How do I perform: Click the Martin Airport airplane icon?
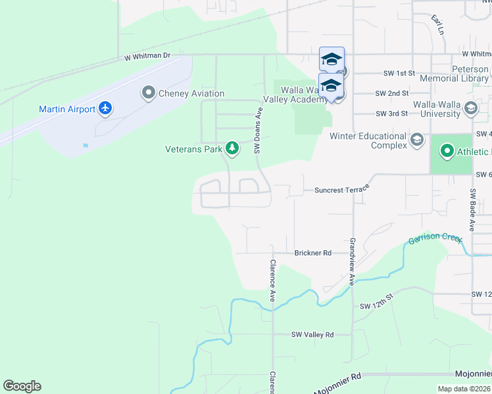click(x=105, y=108)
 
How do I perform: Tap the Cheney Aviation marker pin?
click(x=148, y=93)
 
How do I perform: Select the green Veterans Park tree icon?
click(x=232, y=149)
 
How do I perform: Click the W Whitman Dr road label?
click(x=148, y=58)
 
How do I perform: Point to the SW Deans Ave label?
click(x=258, y=131)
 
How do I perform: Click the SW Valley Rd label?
click(x=312, y=334)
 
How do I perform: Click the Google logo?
click(x=22, y=386)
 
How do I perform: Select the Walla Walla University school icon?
click(x=470, y=108)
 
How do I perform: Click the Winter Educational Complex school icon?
click(x=416, y=140)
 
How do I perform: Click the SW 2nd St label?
click(x=392, y=94)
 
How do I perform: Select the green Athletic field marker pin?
click(x=447, y=153)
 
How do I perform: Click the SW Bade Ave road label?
click(x=472, y=210)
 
